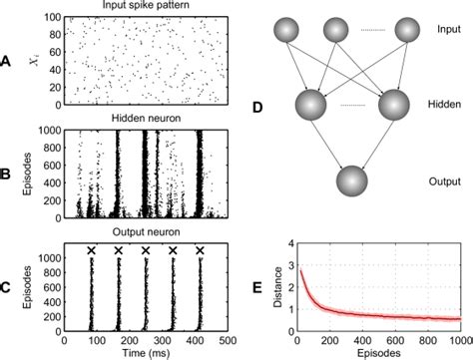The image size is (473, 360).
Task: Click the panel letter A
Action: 8,62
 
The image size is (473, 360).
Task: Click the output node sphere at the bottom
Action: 355,185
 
